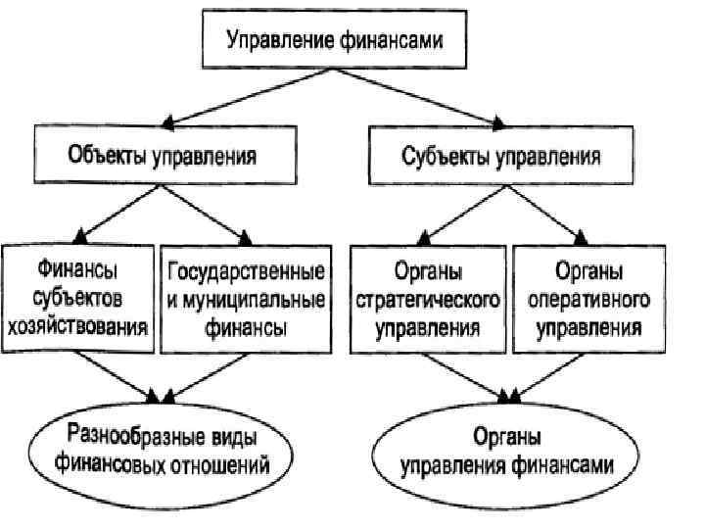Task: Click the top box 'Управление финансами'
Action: click(x=335, y=42)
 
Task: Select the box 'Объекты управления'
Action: click(x=164, y=154)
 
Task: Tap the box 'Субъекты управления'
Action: click(x=501, y=154)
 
